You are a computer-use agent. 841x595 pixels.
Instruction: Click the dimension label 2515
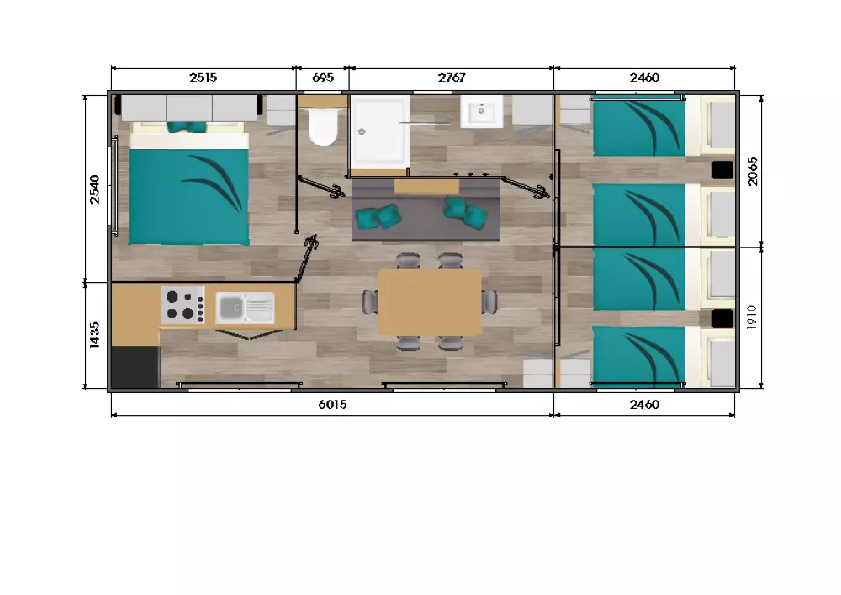[203, 77]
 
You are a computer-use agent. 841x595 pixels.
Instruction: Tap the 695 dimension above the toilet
[322, 77]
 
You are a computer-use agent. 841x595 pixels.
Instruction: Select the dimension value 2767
[451, 77]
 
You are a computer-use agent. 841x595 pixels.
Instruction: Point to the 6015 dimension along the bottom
[332, 405]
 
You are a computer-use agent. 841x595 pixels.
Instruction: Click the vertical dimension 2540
[94, 189]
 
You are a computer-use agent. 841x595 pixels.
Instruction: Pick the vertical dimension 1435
[94, 335]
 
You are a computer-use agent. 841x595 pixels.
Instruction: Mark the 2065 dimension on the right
[752, 172]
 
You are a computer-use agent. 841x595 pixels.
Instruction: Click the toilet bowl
[323, 126]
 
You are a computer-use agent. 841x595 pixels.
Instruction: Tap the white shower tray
[379, 130]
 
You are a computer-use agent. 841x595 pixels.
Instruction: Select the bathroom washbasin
[481, 112]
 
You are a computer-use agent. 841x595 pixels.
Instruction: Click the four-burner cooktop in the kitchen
[182, 305]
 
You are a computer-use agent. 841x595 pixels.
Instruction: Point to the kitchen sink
[245, 307]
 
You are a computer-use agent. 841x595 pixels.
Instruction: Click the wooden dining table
[430, 302]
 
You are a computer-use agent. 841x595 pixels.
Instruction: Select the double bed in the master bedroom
[188, 184]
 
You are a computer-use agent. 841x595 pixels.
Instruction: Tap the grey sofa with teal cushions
[426, 210]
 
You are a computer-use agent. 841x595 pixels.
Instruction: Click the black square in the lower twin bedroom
[722, 319]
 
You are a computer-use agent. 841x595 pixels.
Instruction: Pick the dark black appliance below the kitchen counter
[135, 367]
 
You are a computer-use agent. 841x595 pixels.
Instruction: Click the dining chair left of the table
[370, 302]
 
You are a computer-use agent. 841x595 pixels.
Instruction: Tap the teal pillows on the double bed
[187, 126]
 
